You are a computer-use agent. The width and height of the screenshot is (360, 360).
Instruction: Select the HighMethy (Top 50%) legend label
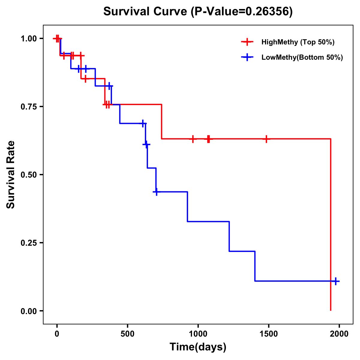point(298,42)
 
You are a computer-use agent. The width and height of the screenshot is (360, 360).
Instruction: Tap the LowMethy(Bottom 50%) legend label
point(302,57)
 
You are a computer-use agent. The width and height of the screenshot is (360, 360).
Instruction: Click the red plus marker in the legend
point(247,42)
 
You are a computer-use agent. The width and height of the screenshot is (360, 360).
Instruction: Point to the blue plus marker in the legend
point(247,57)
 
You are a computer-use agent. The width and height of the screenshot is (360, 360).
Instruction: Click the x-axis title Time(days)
point(198,347)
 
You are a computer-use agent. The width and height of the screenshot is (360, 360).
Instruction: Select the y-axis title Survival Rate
point(11,175)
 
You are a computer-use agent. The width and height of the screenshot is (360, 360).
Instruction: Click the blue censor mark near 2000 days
point(336,281)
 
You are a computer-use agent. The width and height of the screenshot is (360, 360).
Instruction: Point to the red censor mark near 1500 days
point(266,139)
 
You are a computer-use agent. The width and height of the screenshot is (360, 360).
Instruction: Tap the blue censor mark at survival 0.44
point(156,192)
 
